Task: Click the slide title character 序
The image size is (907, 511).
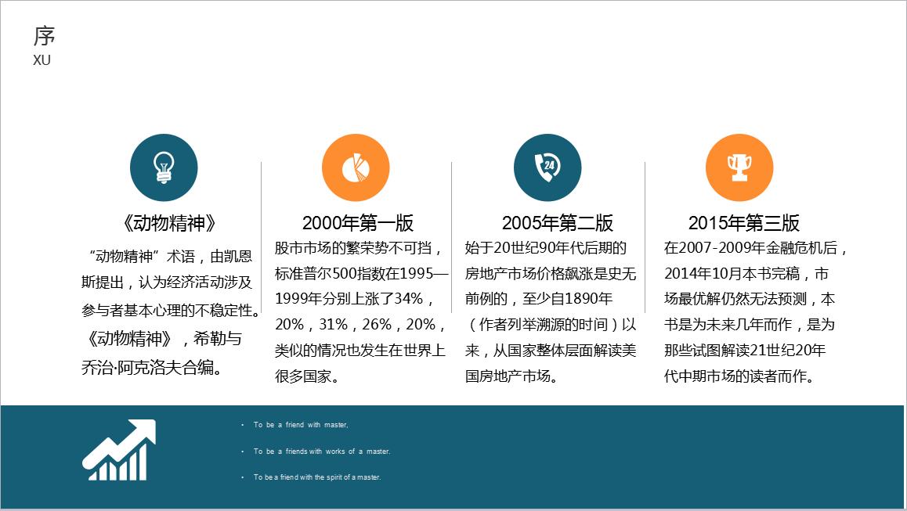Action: click(x=45, y=36)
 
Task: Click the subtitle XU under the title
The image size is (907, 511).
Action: click(x=42, y=60)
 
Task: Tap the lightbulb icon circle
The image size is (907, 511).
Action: click(x=164, y=167)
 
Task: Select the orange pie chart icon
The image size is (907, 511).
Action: click(x=356, y=167)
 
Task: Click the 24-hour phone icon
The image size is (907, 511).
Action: click(x=547, y=167)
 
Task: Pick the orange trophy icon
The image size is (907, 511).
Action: click(x=739, y=167)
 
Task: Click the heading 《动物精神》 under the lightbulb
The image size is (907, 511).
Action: click(x=168, y=223)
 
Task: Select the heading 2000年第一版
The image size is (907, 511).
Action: click(x=358, y=223)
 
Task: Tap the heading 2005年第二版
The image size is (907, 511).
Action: click(x=558, y=223)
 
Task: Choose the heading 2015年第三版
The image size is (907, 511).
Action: click(x=744, y=223)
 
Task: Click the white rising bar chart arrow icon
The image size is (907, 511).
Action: click(x=119, y=450)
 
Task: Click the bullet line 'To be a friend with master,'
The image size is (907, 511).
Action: click(x=300, y=425)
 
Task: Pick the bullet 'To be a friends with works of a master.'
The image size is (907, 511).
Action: click(x=321, y=452)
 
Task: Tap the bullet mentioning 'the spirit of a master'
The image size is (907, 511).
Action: click(x=316, y=477)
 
